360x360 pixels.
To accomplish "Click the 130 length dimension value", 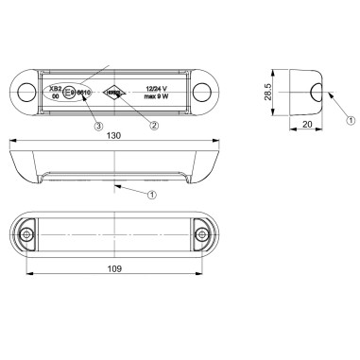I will click(112, 134).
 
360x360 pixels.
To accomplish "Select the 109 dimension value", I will click(112, 267).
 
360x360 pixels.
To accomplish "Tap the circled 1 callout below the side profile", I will click(149, 195).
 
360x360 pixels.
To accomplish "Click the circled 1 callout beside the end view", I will click(349, 120).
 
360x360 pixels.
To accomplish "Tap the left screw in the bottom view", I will click(28, 233).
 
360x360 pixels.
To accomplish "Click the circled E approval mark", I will click(69, 94).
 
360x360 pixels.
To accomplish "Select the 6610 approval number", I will click(83, 94).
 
